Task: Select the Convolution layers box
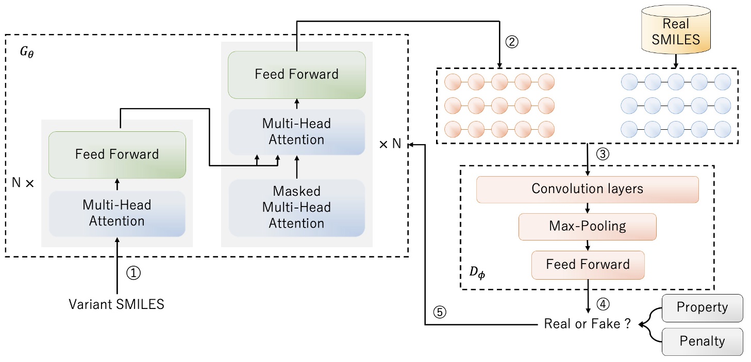point(587,189)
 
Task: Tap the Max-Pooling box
point(587,227)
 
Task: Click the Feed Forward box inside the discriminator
point(588,265)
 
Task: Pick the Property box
point(702,307)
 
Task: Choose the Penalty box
point(702,341)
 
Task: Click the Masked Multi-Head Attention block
point(296,208)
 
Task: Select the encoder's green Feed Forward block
point(117,154)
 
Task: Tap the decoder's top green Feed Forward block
point(296,74)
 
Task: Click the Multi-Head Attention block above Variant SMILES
point(117,213)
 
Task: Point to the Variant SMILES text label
point(116,304)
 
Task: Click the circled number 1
point(133,273)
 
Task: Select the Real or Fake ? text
point(587,325)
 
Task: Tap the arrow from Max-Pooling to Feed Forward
point(588,246)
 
